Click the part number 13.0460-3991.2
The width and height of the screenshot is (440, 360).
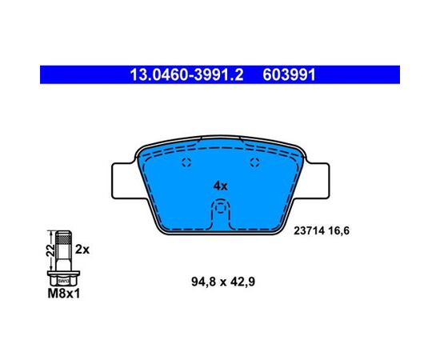click(186, 75)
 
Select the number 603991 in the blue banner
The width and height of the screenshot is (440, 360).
click(290, 75)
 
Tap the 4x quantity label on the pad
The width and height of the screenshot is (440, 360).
click(221, 186)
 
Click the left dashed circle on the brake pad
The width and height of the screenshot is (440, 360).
click(186, 162)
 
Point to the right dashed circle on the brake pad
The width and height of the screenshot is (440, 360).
click(254, 162)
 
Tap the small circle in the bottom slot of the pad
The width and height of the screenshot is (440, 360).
click(221, 208)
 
